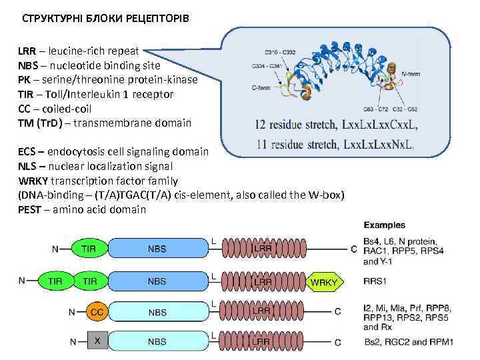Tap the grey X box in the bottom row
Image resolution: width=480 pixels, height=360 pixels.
point(97,341)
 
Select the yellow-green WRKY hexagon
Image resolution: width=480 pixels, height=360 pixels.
point(325,282)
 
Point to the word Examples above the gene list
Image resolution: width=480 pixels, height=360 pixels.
point(385,225)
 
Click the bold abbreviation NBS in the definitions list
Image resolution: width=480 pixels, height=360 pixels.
point(28,66)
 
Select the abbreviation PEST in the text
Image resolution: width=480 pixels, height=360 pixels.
point(31,209)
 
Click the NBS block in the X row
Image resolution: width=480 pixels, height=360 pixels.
point(157,341)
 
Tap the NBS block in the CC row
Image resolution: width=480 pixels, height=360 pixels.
point(157,312)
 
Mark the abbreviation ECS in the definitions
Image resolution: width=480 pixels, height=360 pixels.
point(27,151)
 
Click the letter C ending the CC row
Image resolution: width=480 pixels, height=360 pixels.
point(338,312)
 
